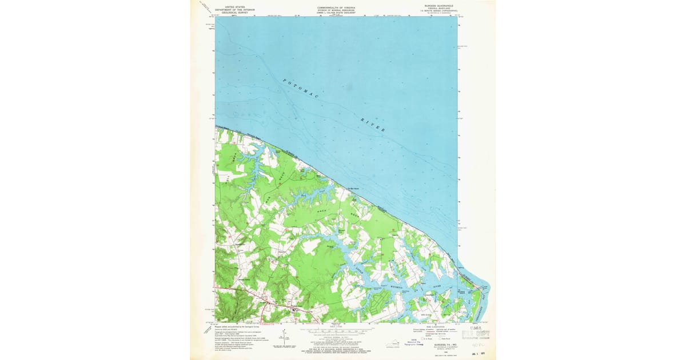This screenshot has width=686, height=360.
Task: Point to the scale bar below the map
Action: (337, 330)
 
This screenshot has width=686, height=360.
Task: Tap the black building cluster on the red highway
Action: (295, 310)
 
